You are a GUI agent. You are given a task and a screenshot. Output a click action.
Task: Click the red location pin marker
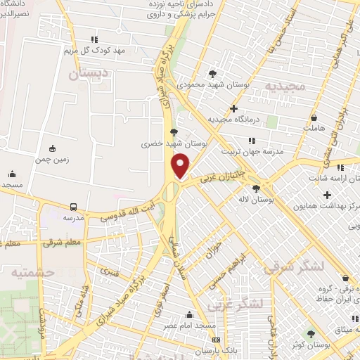click(181, 165)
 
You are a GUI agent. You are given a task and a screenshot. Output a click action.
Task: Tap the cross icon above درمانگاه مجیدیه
click(233, 108)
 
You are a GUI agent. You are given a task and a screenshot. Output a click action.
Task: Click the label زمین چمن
click(52, 160)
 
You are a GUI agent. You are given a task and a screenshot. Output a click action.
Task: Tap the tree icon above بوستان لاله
click(255, 188)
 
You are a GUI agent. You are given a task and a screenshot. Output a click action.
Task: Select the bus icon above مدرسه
click(73, 207)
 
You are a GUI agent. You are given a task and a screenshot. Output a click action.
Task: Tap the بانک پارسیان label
click(193, 349)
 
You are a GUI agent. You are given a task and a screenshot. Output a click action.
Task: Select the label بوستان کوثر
click(311, 346)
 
